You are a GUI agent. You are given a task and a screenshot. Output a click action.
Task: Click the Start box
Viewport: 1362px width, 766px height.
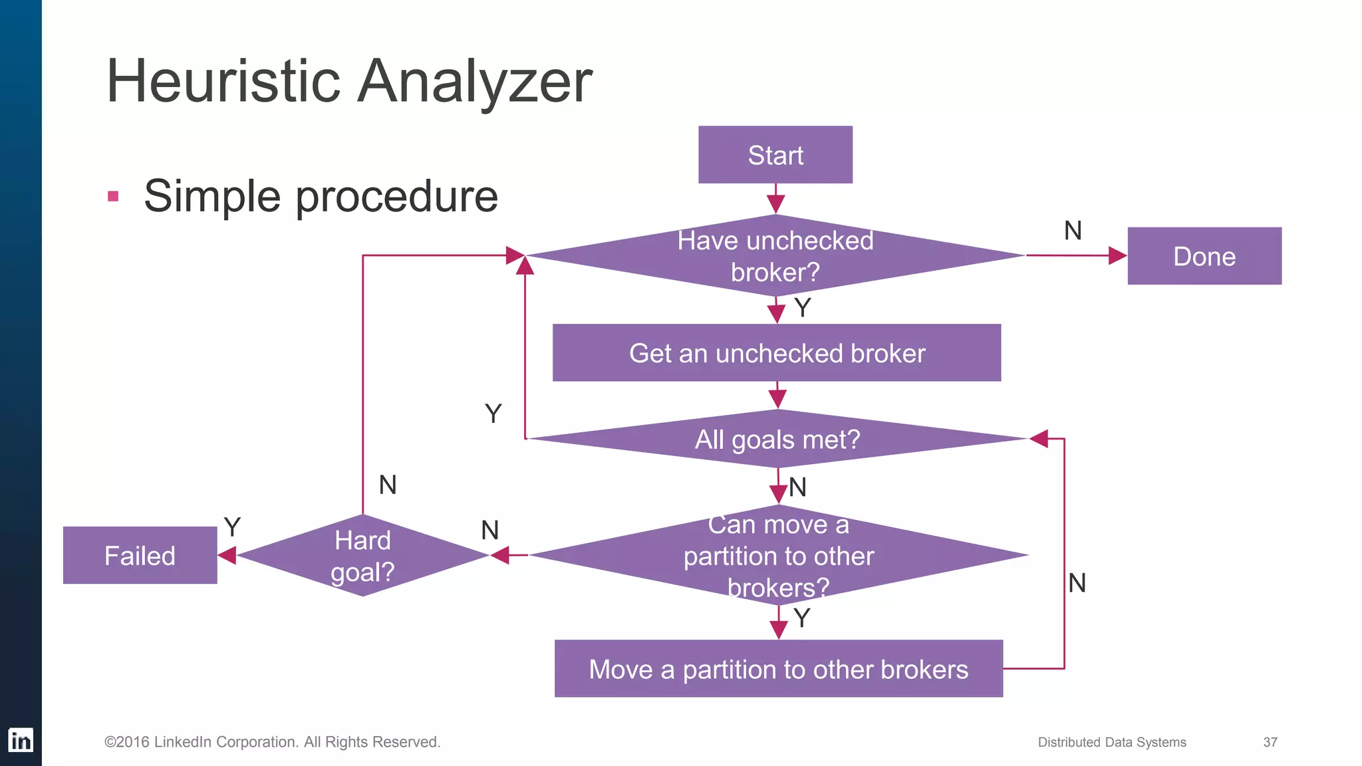[x=775, y=155]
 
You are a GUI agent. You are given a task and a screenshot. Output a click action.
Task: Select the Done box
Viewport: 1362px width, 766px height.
[x=1204, y=256]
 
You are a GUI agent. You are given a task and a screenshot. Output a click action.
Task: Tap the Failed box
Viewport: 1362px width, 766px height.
[x=140, y=555]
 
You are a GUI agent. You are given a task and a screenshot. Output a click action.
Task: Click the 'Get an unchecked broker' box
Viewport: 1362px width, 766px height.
[x=776, y=353]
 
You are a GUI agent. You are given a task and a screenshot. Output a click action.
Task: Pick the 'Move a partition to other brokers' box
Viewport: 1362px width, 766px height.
[x=778, y=669]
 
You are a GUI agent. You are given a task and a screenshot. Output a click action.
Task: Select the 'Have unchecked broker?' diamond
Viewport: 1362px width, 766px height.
[x=775, y=256]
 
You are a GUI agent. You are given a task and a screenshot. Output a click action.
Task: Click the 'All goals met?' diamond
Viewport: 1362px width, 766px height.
[x=777, y=440]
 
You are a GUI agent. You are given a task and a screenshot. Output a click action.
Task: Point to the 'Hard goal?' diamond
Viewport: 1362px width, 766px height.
[x=362, y=555]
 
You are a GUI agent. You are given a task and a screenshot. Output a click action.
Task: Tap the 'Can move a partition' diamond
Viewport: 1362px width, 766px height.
[x=778, y=555]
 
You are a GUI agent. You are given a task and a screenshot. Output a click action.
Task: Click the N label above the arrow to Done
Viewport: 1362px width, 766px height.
[x=1073, y=231]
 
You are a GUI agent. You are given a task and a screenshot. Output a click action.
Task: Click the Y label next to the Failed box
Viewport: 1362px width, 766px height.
[x=232, y=527]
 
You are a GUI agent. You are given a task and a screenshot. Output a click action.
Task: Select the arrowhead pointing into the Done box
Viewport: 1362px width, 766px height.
[x=1117, y=255]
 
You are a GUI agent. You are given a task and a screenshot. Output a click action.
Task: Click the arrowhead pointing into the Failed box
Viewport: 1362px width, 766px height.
[x=227, y=555]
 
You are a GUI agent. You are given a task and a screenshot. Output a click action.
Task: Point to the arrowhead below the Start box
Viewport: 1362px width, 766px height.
[x=775, y=203]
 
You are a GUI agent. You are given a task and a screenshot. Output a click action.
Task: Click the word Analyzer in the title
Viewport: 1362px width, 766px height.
[x=475, y=81]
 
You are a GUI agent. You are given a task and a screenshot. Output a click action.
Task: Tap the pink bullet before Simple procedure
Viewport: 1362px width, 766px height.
[x=113, y=196]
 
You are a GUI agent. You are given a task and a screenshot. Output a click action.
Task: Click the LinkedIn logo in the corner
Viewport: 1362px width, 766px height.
[x=21, y=740]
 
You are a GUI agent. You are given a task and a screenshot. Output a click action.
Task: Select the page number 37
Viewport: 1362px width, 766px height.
[x=1270, y=742]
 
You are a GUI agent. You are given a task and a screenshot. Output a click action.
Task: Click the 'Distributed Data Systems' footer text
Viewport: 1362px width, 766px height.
[x=1112, y=742]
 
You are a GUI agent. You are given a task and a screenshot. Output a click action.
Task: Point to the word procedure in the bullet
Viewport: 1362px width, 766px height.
[x=396, y=197]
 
